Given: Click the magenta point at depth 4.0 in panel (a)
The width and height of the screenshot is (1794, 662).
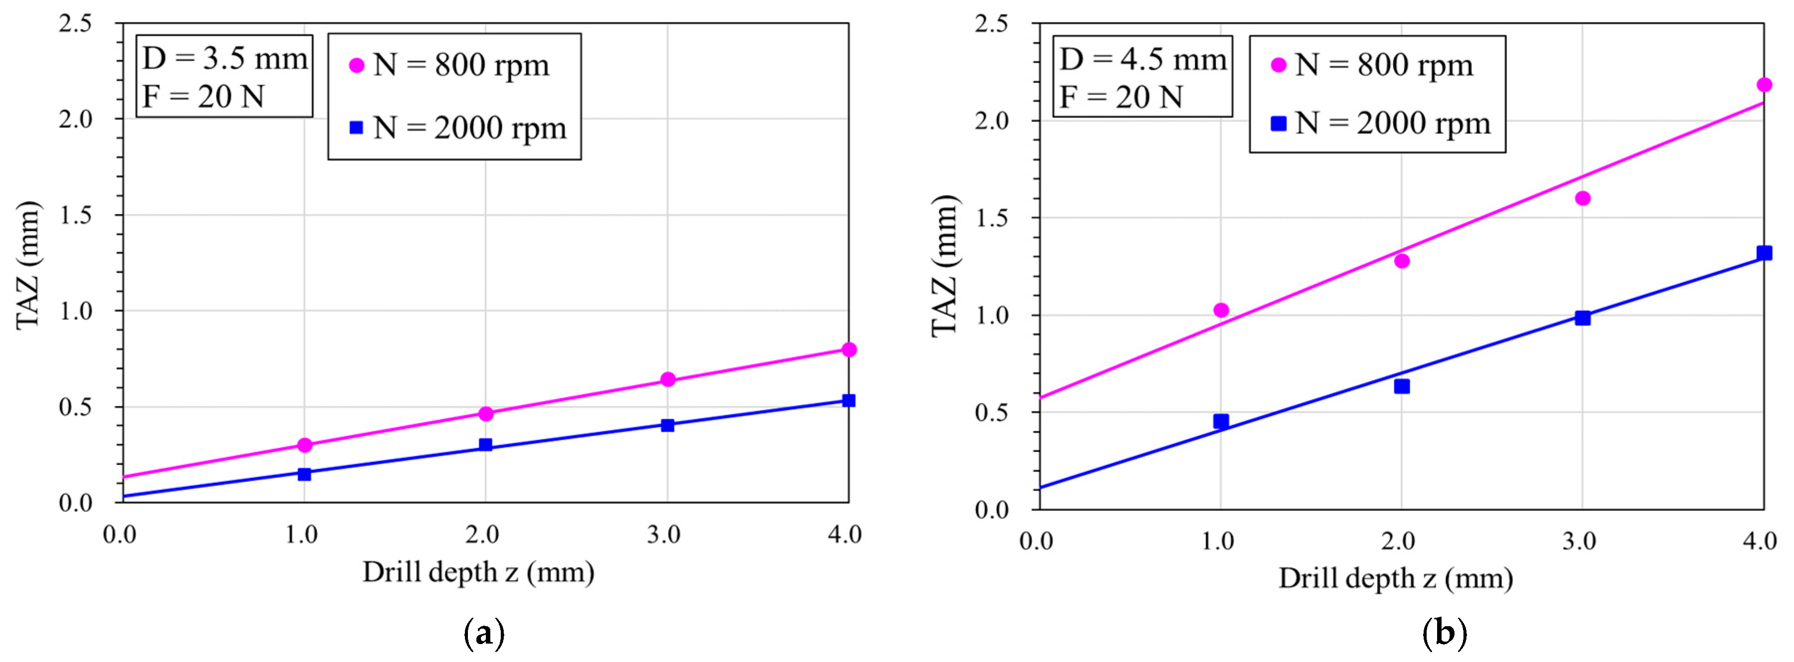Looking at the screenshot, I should pyautogui.click(x=848, y=350).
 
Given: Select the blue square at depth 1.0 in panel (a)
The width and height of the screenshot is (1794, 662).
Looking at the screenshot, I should pyautogui.click(x=304, y=474).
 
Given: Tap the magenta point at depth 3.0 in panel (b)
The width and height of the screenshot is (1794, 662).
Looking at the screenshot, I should pyautogui.click(x=1582, y=198).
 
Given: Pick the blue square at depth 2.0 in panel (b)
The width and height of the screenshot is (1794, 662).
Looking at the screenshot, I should pyautogui.click(x=1402, y=386).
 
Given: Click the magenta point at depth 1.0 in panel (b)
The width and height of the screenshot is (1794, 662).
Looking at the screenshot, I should pyautogui.click(x=1221, y=310).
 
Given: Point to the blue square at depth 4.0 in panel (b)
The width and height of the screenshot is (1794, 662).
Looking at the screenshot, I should pyautogui.click(x=1763, y=253).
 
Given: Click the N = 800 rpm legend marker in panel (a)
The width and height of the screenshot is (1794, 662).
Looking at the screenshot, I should pyautogui.click(x=356, y=66).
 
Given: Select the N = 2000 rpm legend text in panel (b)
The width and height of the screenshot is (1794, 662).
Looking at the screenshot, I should pyautogui.click(x=1393, y=124).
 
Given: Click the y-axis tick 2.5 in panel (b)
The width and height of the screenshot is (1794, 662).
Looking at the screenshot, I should pyautogui.click(x=991, y=24).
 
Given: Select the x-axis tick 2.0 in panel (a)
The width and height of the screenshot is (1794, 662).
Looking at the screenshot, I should pyautogui.click(x=483, y=535).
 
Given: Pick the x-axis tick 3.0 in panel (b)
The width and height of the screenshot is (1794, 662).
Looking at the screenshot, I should pyautogui.click(x=1579, y=541).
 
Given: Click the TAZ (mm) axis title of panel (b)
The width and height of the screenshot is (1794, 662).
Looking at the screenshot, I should pyautogui.click(x=945, y=266).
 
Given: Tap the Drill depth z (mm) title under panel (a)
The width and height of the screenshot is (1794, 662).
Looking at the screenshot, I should pyautogui.click(x=478, y=572).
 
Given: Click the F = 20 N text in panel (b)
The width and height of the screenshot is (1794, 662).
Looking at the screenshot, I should pyautogui.click(x=1121, y=97).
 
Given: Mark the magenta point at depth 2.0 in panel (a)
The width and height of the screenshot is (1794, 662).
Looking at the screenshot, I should pyautogui.click(x=486, y=413).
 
